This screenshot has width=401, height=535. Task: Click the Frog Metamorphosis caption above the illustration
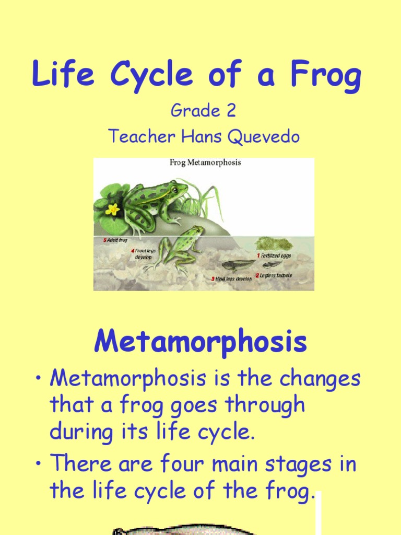click(x=205, y=162)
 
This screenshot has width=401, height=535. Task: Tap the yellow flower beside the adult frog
click(x=112, y=209)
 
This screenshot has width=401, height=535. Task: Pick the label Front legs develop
click(x=145, y=254)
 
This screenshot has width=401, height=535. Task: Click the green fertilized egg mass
click(x=273, y=243)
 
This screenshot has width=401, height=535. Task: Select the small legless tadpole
click(x=272, y=264)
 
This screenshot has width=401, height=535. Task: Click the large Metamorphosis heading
click(x=200, y=343)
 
